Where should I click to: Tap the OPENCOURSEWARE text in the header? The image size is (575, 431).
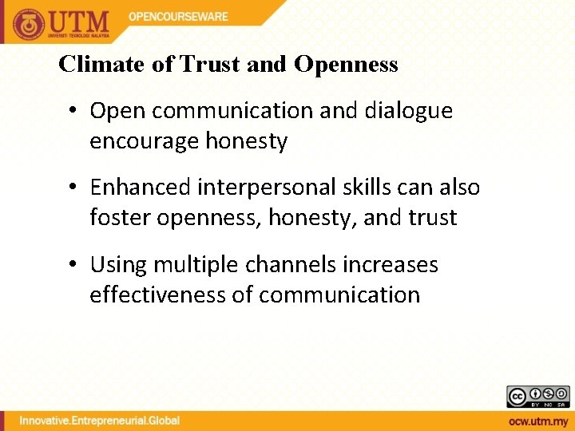178,16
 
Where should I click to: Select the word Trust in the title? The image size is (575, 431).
212,65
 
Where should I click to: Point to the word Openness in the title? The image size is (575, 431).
345,65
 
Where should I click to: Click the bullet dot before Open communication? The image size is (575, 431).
73,111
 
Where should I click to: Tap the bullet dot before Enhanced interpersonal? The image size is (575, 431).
73,188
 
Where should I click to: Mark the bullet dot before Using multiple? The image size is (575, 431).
73,264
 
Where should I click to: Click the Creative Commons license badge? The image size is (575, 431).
537,397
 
